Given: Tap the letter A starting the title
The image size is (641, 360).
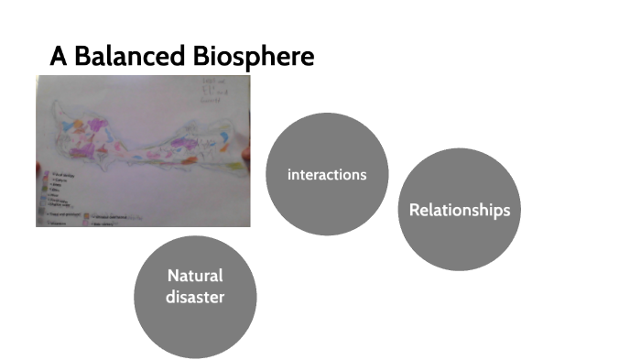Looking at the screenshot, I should [x=59, y=57].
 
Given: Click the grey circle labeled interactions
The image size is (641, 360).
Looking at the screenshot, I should [x=327, y=174].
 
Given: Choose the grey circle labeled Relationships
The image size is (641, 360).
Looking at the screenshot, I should [x=459, y=210].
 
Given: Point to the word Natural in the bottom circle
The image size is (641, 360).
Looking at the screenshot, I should [x=195, y=276].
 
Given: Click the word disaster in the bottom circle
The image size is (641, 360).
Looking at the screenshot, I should [x=195, y=297].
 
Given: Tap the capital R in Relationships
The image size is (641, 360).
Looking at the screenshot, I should [x=414, y=210].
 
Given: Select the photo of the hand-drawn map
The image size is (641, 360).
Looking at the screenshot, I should [x=143, y=150].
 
